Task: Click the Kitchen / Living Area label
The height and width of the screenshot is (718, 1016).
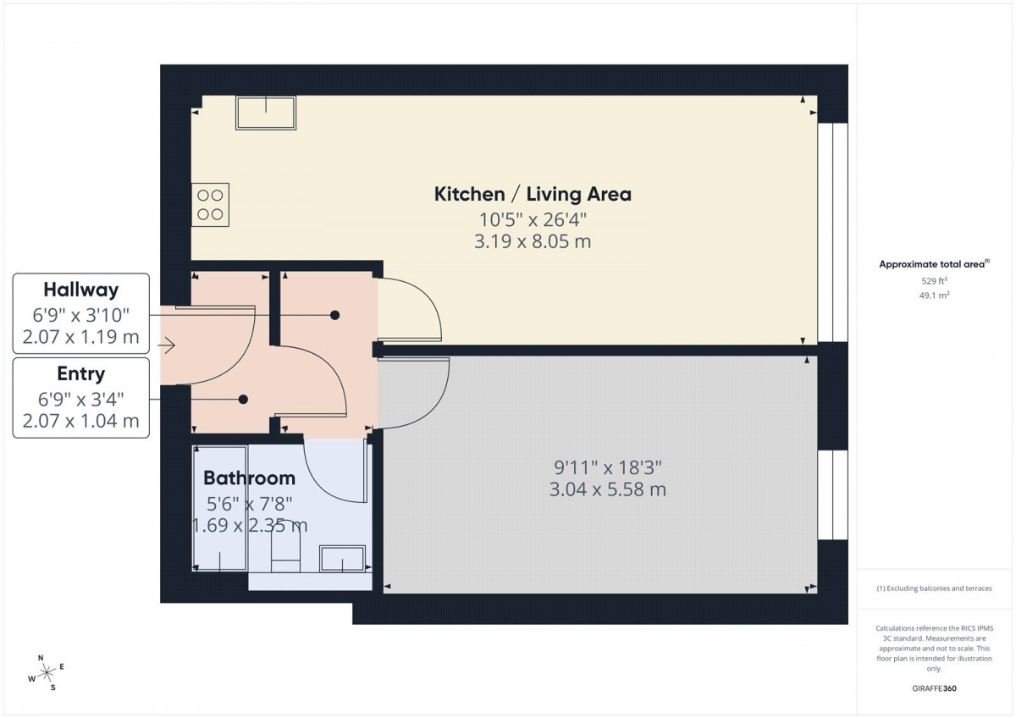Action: coord(533,194)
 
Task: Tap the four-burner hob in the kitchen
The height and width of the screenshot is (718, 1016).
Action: coord(210,205)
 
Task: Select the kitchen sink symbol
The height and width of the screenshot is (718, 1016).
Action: coord(266,113)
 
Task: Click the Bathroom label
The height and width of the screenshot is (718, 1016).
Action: coord(249,478)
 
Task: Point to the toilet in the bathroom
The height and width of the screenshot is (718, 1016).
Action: coord(286,551)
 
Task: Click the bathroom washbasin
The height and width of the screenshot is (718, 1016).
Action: coord(342,558)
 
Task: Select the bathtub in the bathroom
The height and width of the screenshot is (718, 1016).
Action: coord(220,508)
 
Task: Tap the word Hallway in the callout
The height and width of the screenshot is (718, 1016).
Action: coord(80,290)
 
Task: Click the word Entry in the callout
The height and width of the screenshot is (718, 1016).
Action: coord(80,373)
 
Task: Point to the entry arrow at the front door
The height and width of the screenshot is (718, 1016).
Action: coord(167,345)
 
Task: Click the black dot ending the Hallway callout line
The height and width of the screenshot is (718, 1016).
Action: coord(334,315)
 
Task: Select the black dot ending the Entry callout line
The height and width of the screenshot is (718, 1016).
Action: coord(243,399)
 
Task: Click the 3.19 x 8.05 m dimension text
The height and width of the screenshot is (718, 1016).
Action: coord(533,241)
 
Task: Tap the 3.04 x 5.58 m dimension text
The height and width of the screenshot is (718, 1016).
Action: coord(608,489)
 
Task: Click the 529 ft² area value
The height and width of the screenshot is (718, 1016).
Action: coord(934,281)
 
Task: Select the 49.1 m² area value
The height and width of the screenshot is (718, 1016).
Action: coord(934,295)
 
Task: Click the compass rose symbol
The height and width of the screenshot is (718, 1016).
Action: coord(47,672)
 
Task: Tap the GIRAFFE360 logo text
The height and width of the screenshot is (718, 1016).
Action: coord(934,688)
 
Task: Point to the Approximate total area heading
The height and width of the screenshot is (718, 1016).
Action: coord(934,264)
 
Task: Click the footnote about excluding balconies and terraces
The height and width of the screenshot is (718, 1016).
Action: coord(934,588)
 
